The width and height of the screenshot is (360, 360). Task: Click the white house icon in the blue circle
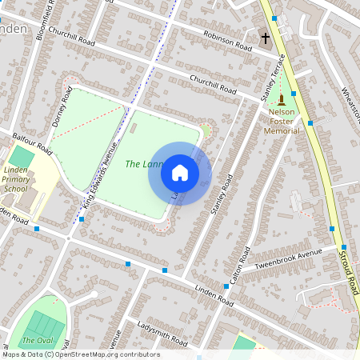pos(180,173)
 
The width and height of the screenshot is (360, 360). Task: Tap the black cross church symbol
pos(265,38)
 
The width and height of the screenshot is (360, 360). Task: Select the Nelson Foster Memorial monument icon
pos(282,100)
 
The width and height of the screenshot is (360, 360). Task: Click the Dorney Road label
pos(62,112)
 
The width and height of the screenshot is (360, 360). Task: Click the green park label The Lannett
pos(144,164)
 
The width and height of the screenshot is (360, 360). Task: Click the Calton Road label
pos(239,262)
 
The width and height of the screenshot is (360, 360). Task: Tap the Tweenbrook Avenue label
pos(287,258)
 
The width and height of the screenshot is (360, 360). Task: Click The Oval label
pos(34,341)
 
